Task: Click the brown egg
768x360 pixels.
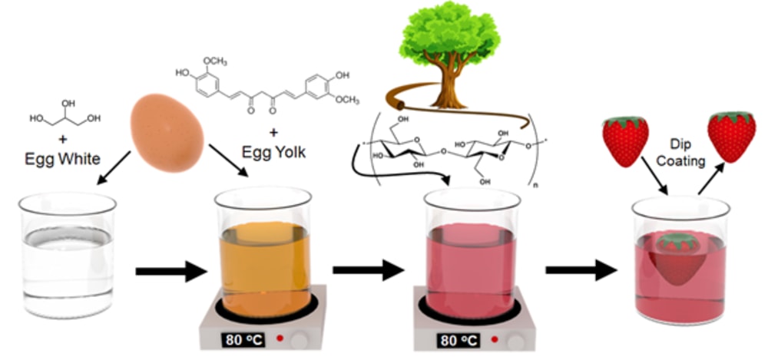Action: (167, 126)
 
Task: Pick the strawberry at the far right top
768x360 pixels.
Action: (730, 135)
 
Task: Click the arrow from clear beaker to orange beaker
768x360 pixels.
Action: (171, 270)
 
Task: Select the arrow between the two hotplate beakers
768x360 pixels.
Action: (368, 270)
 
